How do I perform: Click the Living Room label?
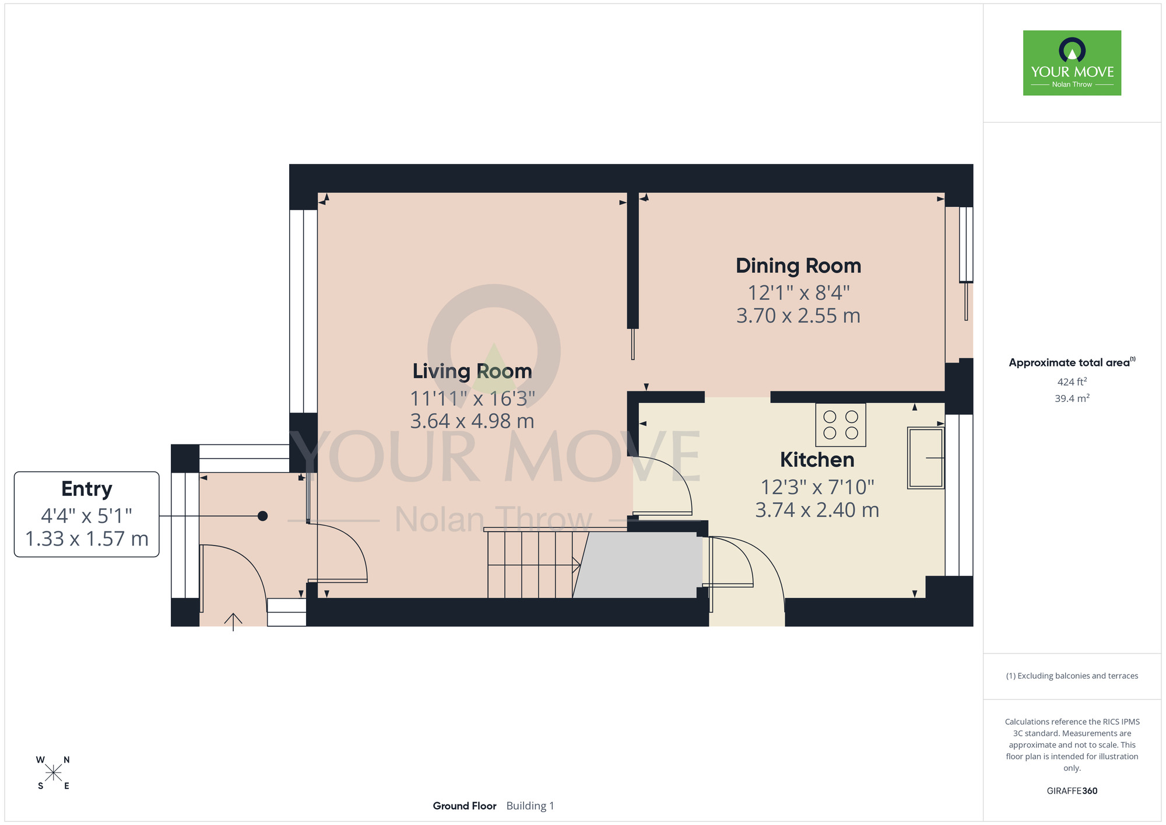472,371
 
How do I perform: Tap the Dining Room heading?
798,265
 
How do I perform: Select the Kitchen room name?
817,460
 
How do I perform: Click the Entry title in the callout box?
87,489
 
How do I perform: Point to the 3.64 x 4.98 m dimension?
472,421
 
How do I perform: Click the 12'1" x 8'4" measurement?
798,292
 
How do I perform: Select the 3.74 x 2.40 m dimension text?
817,510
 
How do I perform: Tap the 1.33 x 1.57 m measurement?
87,539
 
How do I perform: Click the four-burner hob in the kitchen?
841,425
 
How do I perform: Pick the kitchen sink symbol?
926,458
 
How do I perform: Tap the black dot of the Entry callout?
262,516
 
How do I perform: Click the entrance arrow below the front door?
233,622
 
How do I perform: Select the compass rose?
53,773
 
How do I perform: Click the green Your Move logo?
1072,63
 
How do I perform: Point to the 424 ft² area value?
1072,382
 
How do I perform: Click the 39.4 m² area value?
1072,398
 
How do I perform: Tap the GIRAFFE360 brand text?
1072,791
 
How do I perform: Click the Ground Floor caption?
465,806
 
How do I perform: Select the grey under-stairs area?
638,565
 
